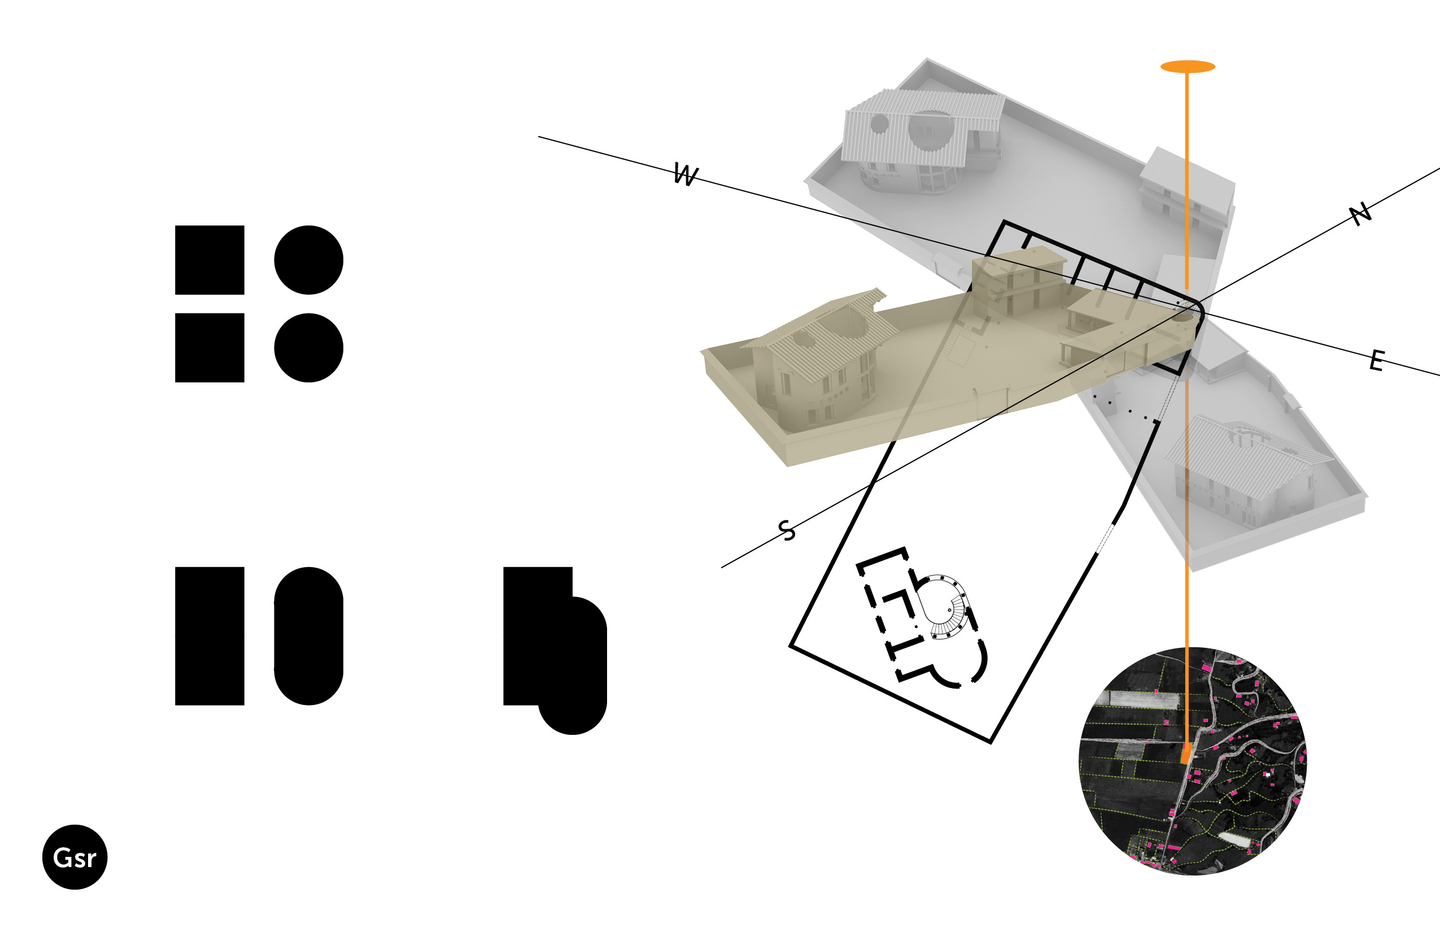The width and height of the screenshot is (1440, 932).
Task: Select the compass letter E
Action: [x=1377, y=361]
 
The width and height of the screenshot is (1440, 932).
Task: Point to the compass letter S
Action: [x=787, y=530]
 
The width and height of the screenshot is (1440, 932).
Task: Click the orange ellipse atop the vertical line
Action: [x=1188, y=67]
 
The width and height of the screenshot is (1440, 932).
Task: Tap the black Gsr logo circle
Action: [x=75, y=857]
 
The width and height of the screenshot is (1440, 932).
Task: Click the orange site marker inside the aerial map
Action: [x=1186, y=753]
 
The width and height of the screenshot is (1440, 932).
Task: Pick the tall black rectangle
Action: [x=210, y=636]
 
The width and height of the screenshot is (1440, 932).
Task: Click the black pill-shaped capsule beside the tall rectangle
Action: [x=308, y=636]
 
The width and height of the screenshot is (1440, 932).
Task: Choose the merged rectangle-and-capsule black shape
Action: [x=555, y=651]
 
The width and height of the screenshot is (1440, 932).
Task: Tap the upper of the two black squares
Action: [x=210, y=260]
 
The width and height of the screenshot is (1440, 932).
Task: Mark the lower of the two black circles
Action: [x=308, y=347]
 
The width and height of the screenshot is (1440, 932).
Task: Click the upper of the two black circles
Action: [x=308, y=260]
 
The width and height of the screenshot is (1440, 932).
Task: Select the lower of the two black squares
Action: [x=210, y=347]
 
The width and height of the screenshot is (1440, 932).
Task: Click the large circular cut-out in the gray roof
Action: [x=931, y=130]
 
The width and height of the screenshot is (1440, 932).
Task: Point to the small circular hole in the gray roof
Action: [x=879, y=124]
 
